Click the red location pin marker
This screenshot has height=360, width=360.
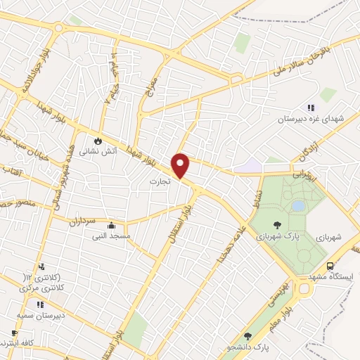coord(181,165)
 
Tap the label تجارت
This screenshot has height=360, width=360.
coord(161,181)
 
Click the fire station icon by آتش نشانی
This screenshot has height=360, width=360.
coord(108,140)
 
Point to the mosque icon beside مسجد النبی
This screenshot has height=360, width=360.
coord(111,226)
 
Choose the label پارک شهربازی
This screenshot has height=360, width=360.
coord(288,236)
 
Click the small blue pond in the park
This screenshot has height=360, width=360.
coord(298,206)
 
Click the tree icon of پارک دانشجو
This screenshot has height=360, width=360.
coord(246,337)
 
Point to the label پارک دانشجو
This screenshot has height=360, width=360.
coord(252,347)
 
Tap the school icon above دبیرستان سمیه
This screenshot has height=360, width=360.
coord(40,304)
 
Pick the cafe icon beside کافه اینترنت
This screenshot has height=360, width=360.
coord(14,334)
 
